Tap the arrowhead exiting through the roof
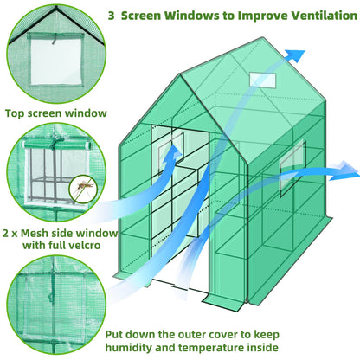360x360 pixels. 297,54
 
